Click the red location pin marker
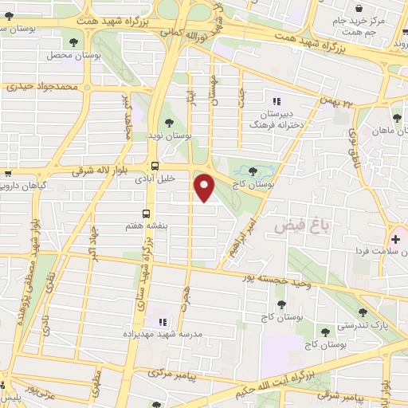pyautogui.click(x=205, y=188)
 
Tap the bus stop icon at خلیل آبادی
pyautogui.click(x=155, y=166)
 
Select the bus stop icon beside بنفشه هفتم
pyautogui.click(x=147, y=213)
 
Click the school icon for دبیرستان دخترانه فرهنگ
pyautogui.click(x=277, y=101)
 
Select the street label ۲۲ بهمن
pyautogui.click(x=335, y=100)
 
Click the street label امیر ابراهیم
pyautogui.click(x=242, y=232)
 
